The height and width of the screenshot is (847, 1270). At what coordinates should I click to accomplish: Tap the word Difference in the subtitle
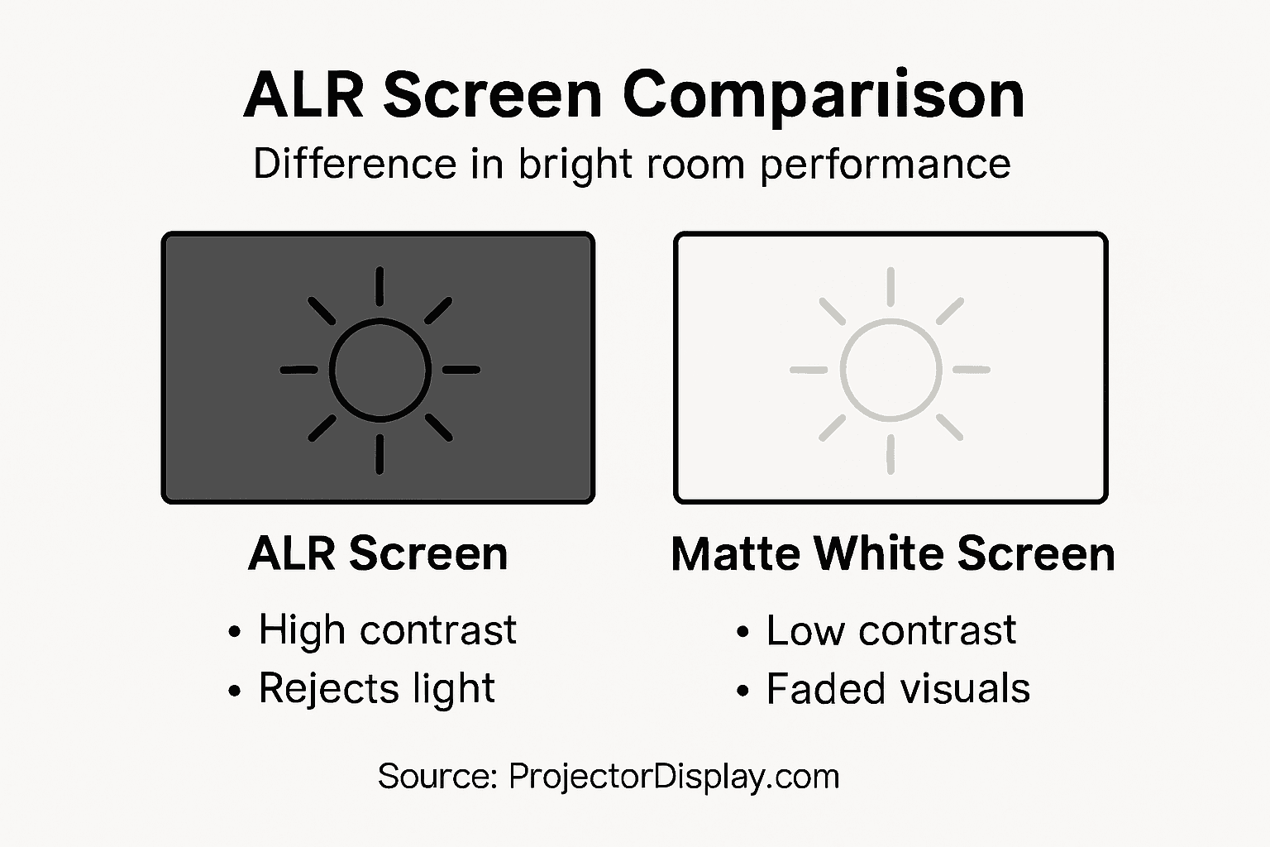coord(355,164)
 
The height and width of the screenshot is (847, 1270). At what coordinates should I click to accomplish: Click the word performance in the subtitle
coord(885,165)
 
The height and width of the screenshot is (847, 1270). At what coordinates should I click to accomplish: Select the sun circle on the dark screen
coord(380,370)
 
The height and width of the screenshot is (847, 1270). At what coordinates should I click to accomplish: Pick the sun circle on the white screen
coord(890,370)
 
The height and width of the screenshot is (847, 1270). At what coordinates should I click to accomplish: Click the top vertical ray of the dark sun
coord(380,286)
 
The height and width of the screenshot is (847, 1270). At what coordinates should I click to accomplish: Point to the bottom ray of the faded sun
coord(890,454)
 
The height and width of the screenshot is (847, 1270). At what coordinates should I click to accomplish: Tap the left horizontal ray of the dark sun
coord(299,370)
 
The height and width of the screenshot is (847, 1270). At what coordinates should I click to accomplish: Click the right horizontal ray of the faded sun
coord(972,370)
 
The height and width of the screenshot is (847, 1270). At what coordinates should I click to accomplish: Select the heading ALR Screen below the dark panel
coord(378,553)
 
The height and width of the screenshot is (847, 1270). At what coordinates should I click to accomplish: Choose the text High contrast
coord(387,630)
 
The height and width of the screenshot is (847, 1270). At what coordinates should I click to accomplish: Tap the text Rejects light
coord(376,688)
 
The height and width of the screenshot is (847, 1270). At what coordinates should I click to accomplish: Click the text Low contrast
coord(890,630)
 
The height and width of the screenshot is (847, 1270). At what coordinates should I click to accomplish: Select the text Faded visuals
coord(898,688)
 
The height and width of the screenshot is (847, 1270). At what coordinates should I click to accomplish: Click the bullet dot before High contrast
coord(235,633)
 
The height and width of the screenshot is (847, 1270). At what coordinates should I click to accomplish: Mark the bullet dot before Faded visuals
coord(742,691)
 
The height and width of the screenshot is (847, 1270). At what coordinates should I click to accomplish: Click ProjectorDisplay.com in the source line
coord(674,777)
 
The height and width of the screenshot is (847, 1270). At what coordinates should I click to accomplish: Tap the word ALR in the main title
coord(303,96)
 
